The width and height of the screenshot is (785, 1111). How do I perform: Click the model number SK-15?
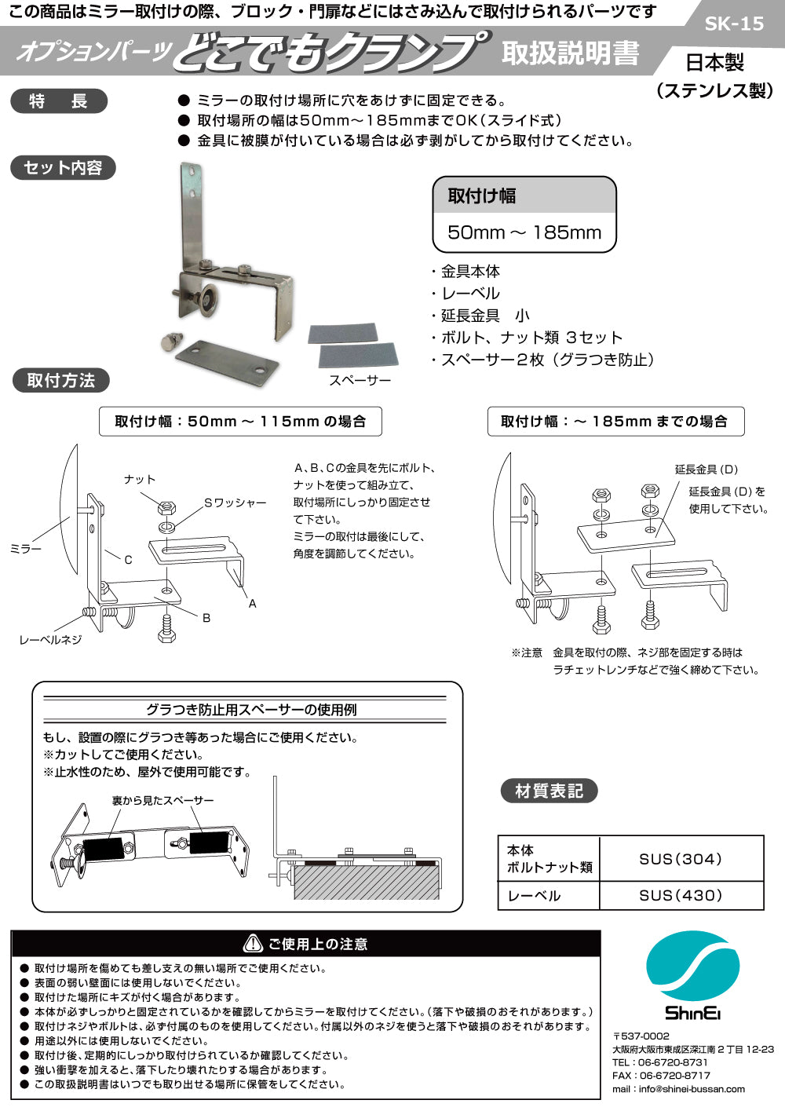pos(733,24)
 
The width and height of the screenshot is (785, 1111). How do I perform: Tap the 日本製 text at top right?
pos(714,62)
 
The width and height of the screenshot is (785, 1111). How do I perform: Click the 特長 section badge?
pos(59,101)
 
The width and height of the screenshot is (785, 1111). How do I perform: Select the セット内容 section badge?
pos(63,168)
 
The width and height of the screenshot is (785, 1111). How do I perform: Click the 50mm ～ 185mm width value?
pos(524,232)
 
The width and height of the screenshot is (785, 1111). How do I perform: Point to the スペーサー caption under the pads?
pos(360,380)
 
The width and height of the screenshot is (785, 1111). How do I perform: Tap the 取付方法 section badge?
pos(60,381)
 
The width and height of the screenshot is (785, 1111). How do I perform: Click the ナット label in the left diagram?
pos(140,479)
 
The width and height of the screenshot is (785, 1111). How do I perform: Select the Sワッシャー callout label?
pos(235,503)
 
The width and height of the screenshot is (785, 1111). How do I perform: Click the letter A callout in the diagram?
pos(252,604)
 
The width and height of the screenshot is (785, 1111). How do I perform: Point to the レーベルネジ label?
pos(50,640)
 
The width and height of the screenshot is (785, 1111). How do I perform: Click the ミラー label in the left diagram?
pos(25,549)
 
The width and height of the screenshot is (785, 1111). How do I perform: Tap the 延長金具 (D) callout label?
pos(706,470)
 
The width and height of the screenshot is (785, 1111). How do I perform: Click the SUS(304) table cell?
pos(681,859)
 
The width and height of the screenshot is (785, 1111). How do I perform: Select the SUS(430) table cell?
pos(681,895)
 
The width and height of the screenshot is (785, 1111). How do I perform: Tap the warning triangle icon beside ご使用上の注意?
pos(253,943)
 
